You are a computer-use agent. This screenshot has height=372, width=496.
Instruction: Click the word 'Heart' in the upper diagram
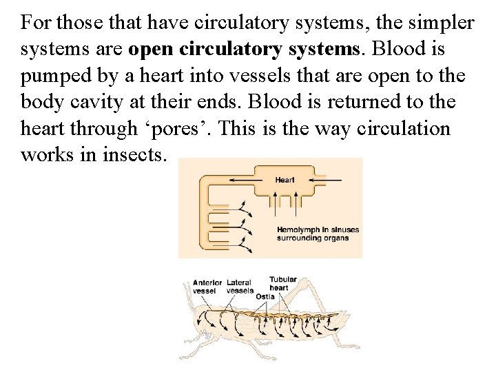click(285, 180)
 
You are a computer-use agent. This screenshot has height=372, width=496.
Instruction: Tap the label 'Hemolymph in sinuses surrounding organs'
click(318, 234)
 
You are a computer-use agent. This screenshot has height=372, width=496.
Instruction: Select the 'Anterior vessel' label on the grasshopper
click(207, 286)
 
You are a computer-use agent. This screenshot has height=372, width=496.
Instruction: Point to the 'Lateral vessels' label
click(239, 286)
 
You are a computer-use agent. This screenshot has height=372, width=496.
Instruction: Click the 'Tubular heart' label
click(282, 283)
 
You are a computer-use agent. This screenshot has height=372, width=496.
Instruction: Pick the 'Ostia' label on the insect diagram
click(265, 297)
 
